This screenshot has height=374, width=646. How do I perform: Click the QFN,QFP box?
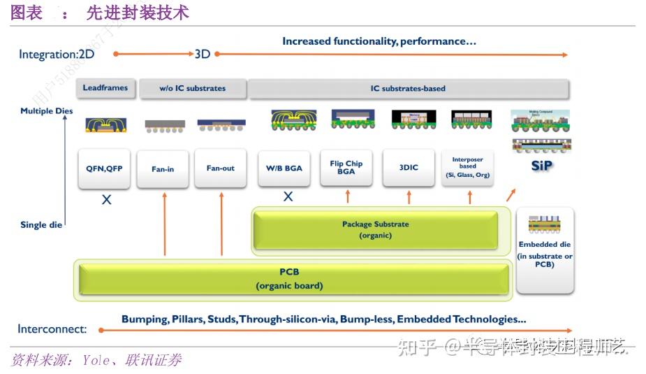[x=104, y=168]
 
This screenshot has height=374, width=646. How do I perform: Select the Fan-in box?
[x=163, y=169]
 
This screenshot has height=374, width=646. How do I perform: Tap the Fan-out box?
[x=221, y=168]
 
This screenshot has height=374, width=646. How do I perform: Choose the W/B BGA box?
[x=284, y=168]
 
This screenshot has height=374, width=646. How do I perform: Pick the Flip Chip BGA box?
[x=346, y=168]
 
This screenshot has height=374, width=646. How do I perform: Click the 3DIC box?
[x=409, y=168]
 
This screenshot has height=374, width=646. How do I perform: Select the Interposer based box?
[x=468, y=168]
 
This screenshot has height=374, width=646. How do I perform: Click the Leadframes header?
[x=105, y=88]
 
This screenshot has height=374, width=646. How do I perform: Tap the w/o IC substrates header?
[x=193, y=89]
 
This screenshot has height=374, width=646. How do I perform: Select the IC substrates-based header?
[x=409, y=89]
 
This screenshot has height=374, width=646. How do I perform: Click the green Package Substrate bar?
[x=376, y=230]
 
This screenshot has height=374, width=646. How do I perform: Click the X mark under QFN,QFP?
[x=106, y=200]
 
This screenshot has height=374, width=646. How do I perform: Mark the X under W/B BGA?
[x=288, y=197]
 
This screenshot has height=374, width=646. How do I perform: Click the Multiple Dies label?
[x=47, y=111]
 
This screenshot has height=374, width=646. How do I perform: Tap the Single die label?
[x=43, y=225]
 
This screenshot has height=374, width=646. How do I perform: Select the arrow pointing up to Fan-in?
[x=165, y=224]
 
